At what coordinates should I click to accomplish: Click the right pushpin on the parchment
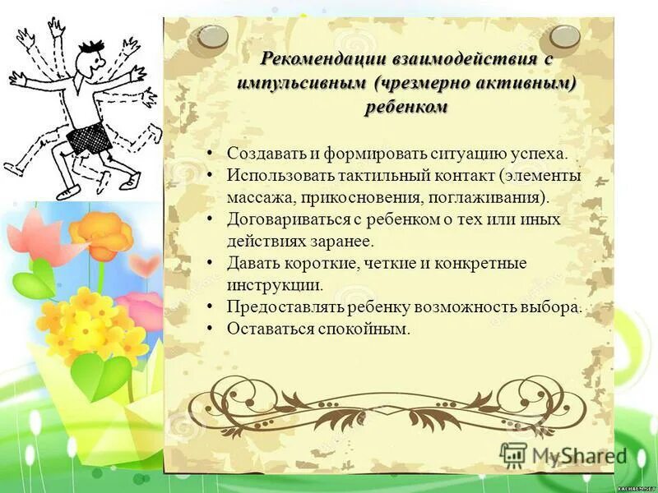[x=564, y=35]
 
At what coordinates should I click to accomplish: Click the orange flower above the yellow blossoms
[x=103, y=233]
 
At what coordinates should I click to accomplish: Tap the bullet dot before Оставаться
[x=211, y=329]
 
